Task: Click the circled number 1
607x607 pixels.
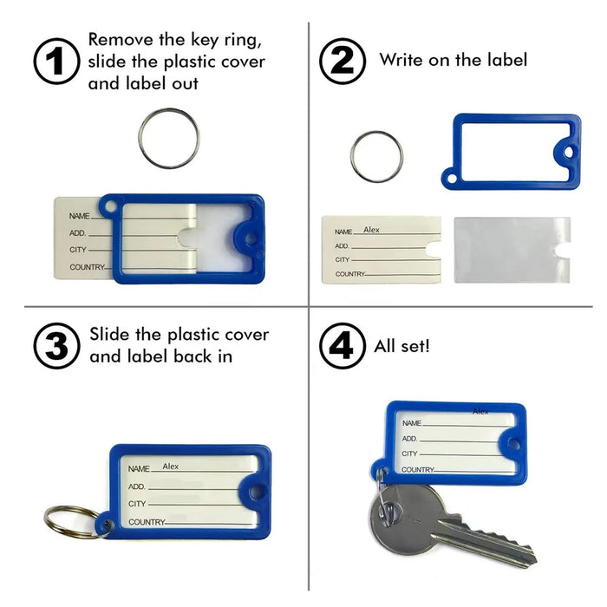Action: pos(56,61)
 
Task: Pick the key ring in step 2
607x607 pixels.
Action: pos(376,157)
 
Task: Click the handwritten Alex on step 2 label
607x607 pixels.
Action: pos(371,230)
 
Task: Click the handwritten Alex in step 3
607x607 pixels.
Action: pos(171,466)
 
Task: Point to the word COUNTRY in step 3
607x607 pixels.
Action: pos(146,522)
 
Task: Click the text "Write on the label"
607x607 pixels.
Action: pos(453,61)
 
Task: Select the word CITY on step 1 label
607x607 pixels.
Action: pos(79,250)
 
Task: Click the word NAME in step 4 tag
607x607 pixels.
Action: pos(411,422)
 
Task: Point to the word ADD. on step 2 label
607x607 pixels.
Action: pos(342,246)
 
